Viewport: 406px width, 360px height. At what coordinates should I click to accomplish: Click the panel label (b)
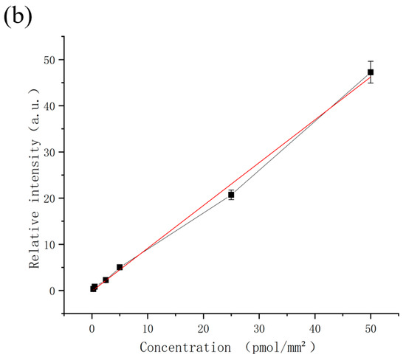coord(18,16)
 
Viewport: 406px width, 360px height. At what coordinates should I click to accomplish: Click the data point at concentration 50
coord(371,72)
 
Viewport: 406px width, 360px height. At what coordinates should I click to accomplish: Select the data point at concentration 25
coord(231,195)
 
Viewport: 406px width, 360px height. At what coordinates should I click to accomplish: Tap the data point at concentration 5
coord(120,267)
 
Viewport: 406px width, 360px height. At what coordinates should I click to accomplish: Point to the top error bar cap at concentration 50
coord(371,61)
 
